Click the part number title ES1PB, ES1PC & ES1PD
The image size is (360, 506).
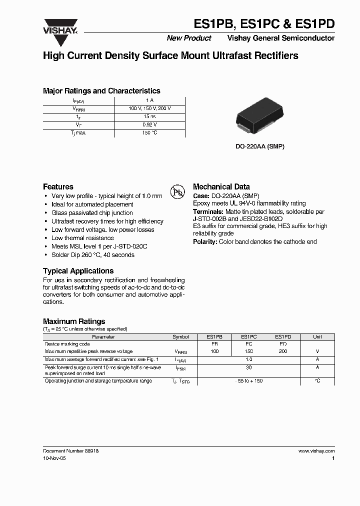(x=264, y=24)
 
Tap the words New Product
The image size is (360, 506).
(x=189, y=38)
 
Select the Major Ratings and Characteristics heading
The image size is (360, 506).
(x=101, y=91)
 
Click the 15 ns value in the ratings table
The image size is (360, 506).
(x=150, y=116)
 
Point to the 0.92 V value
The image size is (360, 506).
(x=150, y=124)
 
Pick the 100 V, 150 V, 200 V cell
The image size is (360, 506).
(x=150, y=108)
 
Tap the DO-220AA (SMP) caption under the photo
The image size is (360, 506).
(x=260, y=147)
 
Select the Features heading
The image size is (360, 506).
(x=58, y=186)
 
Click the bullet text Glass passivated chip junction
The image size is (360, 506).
(x=92, y=213)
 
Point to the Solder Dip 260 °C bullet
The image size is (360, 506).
(x=92, y=255)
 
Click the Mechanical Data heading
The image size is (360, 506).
(x=221, y=186)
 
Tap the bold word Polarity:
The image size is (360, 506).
(x=206, y=242)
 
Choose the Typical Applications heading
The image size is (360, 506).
(x=78, y=271)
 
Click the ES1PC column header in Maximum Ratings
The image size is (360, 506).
(x=248, y=337)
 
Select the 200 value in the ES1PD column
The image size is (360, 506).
(x=283, y=351)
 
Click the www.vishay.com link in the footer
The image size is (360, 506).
(x=316, y=451)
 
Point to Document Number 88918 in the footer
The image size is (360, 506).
(x=70, y=451)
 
